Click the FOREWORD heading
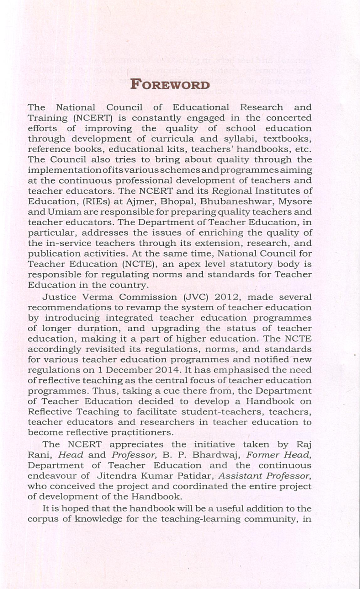point(170,85)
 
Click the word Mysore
point(295,201)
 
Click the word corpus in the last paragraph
point(42,519)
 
